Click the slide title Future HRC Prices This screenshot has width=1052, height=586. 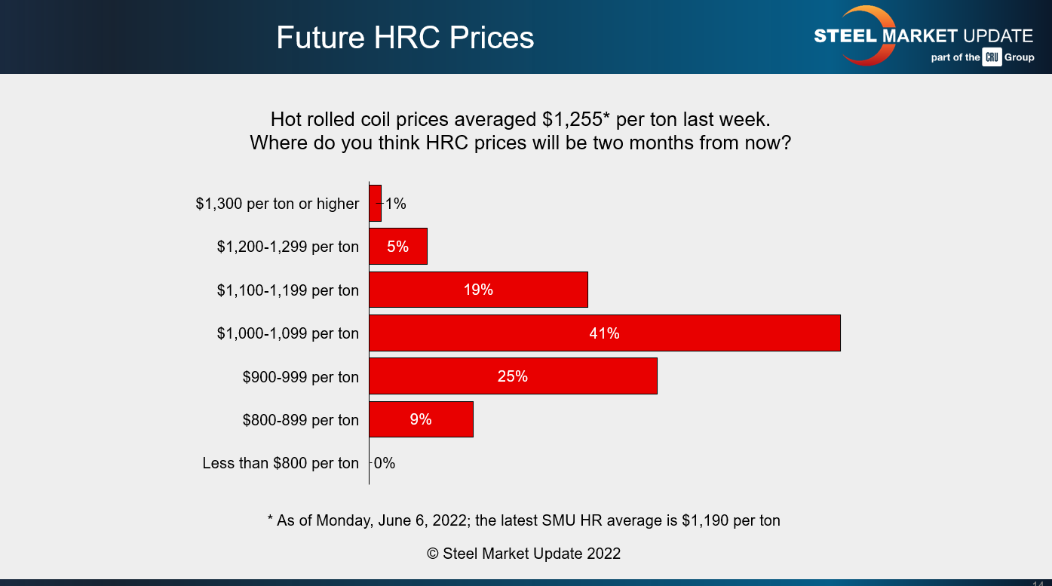click(x=405, y=38)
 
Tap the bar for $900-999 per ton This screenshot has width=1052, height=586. click(x=513, y=376)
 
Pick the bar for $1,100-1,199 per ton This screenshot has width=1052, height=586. click(x=478, y=290)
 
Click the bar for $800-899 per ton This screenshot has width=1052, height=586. click(x=421, y=419)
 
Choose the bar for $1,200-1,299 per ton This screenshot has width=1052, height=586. click(x=397, y=247)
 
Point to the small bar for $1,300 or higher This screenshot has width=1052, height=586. click(x=375, y=204)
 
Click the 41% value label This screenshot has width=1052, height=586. click(x=604, y=333)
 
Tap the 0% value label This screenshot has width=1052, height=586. click(x=385, y=463)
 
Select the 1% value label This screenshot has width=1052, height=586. click(x=396, y=204)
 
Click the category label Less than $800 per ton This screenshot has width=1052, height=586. click(x=281, y=463)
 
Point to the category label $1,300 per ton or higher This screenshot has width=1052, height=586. click(x=278, y=204)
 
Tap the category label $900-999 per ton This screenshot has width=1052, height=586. click(x=301, y=376)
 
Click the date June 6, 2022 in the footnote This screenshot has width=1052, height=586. click(x=436, y=520)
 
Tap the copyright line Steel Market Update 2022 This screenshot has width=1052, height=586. click(x=523, y=554)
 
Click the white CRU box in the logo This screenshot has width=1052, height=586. click(x=992, y=57)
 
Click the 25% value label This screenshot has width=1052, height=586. click(x=513, y=376)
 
